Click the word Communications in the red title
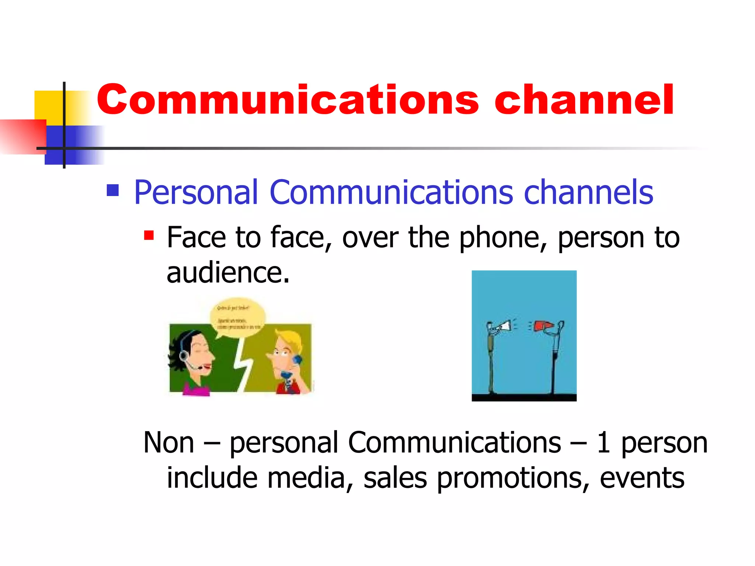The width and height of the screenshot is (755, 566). tap(288, 99)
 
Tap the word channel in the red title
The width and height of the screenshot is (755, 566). tap(584, 99)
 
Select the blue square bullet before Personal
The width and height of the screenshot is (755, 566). tap(112, 190)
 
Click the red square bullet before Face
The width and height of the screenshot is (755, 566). tap(149, 235)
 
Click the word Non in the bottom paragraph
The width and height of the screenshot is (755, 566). tap(168, 442)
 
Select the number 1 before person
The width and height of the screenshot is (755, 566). tap(603, 442)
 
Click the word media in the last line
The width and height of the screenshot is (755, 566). tap(306, 478)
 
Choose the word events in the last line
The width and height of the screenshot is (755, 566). tap(642, 478)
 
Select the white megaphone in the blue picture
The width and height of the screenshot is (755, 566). tap(504, 326)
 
